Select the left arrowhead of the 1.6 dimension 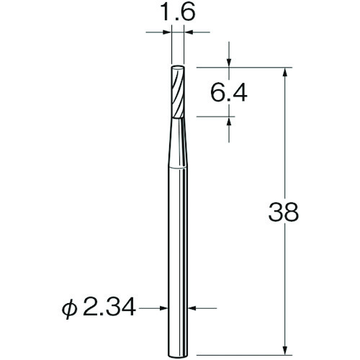coord(168,32)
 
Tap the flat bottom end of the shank coord(178,346)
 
